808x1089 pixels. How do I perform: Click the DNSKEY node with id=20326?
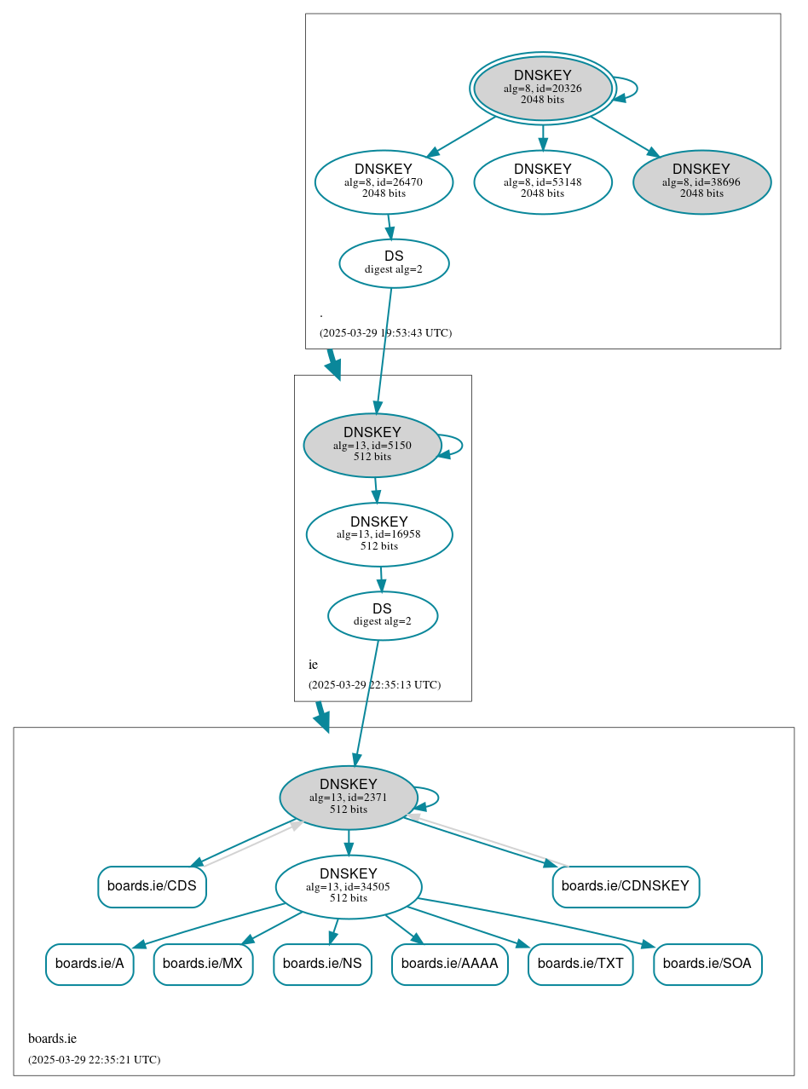click(542, 88)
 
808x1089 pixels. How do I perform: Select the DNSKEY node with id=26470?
click(384, 181)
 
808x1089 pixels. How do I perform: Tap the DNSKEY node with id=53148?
click(542, 181)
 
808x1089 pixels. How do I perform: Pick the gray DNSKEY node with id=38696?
click(701, 181)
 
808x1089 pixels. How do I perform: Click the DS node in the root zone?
click(394, 263)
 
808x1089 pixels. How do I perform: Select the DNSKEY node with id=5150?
click(372, 445)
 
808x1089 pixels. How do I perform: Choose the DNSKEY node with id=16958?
click(378, 534)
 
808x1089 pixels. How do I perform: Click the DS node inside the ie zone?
click(382, 615)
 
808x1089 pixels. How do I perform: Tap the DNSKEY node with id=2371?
click(348, 798)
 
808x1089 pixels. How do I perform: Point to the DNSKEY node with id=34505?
click(348, 887)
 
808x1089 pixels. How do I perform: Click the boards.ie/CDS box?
click(152, 886)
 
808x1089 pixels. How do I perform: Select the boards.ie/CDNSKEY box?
click(626, 886)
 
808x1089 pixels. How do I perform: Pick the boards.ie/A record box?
click(89, 964)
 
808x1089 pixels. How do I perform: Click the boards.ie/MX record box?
click(203, 964)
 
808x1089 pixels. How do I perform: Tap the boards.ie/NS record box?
click(322, 964)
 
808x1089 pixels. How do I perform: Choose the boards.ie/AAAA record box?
click(449, 964)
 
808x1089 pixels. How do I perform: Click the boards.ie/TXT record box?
click(580, 964)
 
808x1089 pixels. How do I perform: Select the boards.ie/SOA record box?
click(707, 964)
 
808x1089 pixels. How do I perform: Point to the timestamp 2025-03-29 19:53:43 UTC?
click(385, 332)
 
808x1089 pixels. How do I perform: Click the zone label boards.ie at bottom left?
click(52, 1039)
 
